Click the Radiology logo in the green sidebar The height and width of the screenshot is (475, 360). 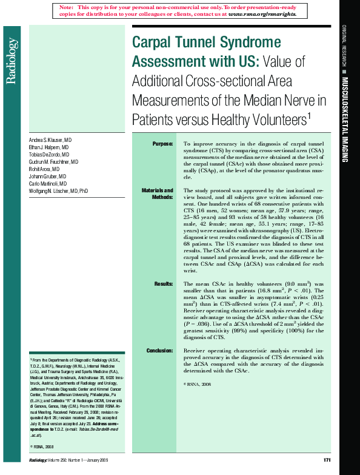(x=10, y=60)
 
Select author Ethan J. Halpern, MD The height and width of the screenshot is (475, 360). (x=49, y=147)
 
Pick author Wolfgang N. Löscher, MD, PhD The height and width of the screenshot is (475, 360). (x=59, y=190)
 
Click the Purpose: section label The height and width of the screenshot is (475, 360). (x=162, y=144)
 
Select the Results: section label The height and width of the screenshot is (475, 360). (x=164, y=283)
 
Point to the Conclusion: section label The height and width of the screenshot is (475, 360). (x=160, y=351)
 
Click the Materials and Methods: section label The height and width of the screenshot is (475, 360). (x=158, y=194)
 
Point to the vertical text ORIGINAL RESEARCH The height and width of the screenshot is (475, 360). (x=344, y=45)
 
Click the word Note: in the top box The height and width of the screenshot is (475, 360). (x=66, y=6)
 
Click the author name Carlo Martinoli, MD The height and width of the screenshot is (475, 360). (x=50, y=183)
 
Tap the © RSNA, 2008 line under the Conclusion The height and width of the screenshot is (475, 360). (x=198, y=385)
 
